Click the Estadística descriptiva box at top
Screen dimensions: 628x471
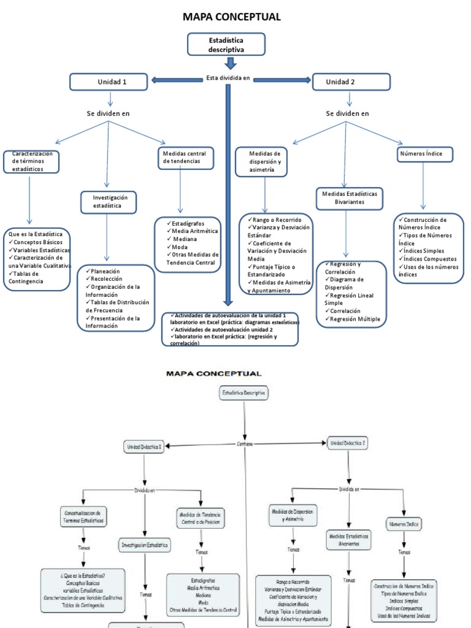[226, 45]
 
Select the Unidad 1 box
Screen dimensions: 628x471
[109, 82]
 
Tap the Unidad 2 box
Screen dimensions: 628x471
[351, 82]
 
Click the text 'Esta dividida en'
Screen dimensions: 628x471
[228, 79]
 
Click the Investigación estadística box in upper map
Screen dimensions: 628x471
[109, 202]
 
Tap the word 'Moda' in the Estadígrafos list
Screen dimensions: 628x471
[180, 247]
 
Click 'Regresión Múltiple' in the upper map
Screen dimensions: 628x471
[354, 319]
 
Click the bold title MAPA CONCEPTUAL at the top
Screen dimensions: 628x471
[232, 17]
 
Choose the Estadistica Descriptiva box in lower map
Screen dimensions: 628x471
[243, 393]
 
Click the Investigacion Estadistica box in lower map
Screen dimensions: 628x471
[145, 544]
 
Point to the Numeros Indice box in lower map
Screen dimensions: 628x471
[404, 524]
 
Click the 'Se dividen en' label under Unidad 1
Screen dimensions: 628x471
[108, 113]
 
